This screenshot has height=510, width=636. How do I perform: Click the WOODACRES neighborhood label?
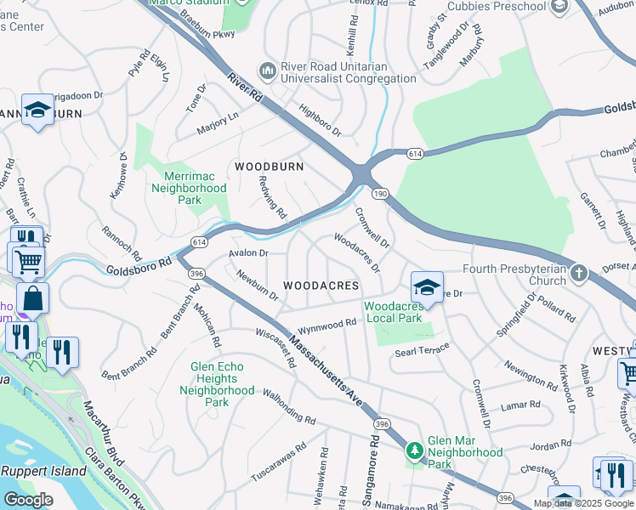click(321, 286)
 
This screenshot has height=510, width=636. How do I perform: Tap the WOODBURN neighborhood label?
click(270, 167)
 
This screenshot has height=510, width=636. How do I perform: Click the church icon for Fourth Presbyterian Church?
click(579, 273)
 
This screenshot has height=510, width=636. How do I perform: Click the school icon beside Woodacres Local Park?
click(427, 286)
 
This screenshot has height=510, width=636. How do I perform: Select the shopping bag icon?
click(32, 298)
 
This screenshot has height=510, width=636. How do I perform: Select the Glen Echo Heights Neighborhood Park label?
click(217, 384)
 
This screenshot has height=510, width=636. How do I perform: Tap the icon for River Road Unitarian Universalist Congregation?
click(268, 69)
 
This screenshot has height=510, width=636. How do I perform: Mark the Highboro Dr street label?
click(320, 120)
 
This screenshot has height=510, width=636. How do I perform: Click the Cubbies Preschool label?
click(496, 7)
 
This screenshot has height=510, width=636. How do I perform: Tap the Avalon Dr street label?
click(248, 253)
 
